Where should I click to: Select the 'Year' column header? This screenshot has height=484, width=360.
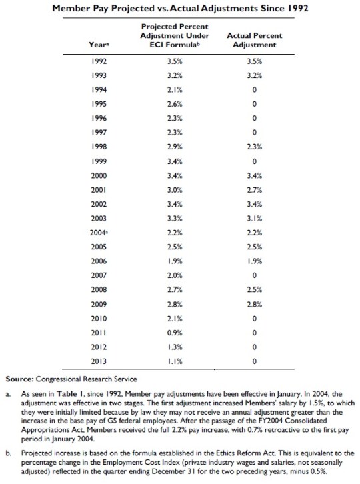click(x=95, y=45)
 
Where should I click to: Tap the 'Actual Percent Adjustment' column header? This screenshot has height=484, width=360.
click(x=255, y=40)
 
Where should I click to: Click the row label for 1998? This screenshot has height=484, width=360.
click(x=98, y=145)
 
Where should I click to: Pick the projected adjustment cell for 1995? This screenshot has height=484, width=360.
click(x=175, y=103)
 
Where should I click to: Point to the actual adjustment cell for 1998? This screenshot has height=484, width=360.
click(x=255, y=145)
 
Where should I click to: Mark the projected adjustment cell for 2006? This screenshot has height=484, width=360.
click(x=175, y=260)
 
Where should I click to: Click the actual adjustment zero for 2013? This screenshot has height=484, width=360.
click(x=255, y=361)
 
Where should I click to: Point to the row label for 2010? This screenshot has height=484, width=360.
click(x=98, y=318)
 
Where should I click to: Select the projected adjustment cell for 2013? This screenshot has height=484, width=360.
click(x=175, y=361)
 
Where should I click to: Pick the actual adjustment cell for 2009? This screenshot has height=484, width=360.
click(x=255, y=303)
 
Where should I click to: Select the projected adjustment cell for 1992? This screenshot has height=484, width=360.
click(x=175, y=61)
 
